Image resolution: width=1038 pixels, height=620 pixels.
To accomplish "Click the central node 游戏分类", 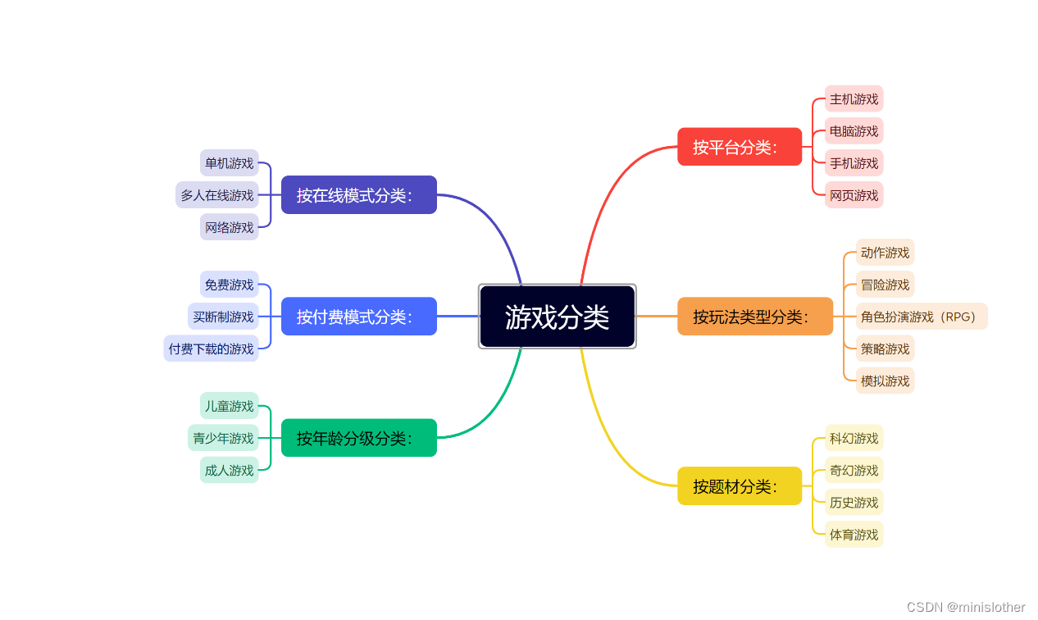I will coord(558,317).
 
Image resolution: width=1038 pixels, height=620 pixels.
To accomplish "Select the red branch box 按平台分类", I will coord(740,147).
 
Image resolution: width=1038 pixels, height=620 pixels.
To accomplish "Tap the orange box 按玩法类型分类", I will coord(755,317).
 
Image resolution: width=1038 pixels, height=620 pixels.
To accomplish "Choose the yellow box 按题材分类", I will coord(740,486).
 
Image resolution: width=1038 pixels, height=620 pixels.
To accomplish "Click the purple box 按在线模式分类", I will coord(359,195).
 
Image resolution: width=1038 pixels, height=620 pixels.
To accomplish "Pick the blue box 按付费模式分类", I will coord(359,317).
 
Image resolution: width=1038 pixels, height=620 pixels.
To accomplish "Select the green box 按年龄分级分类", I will coord(359,438).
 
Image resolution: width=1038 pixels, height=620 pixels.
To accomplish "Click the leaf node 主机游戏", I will coord(854,99).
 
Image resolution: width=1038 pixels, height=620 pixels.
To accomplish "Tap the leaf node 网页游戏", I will coord(854,195).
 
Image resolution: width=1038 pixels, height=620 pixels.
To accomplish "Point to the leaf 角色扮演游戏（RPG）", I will coord(922,317).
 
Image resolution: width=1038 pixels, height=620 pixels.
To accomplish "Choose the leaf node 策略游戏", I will coord(885,349).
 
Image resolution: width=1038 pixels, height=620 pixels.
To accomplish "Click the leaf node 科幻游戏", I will coord(854,438).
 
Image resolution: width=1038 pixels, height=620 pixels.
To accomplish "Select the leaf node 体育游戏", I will coord(854,535).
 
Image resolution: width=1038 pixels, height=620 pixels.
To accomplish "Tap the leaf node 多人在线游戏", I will coord(217,195).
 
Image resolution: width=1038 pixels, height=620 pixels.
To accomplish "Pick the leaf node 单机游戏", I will coord(230,163).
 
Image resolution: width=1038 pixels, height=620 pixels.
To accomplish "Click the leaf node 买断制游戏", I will coord(223,317).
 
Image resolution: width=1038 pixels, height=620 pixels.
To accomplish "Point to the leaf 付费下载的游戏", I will coord(212,349).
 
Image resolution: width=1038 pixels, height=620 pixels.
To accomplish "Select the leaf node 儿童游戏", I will coord(230,406).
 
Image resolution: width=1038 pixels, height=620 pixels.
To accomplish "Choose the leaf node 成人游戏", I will coord(230,470).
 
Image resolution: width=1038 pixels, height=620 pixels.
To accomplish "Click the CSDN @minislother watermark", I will coord(966,607).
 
